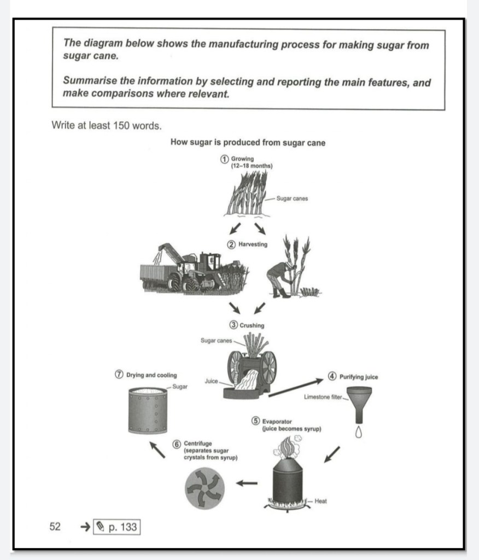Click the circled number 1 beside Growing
coord(224,159)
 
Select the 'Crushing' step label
coord(252,325)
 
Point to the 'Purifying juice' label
coord(358,377)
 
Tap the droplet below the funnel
coord(359,433)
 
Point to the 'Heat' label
coord(321,501)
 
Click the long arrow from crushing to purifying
coord(296,387)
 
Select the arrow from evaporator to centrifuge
coord(247,483)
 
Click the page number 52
coord(55,527)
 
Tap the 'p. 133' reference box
coord(117,527)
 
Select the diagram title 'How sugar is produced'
coord(248,143)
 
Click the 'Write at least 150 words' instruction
coord(107,125)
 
